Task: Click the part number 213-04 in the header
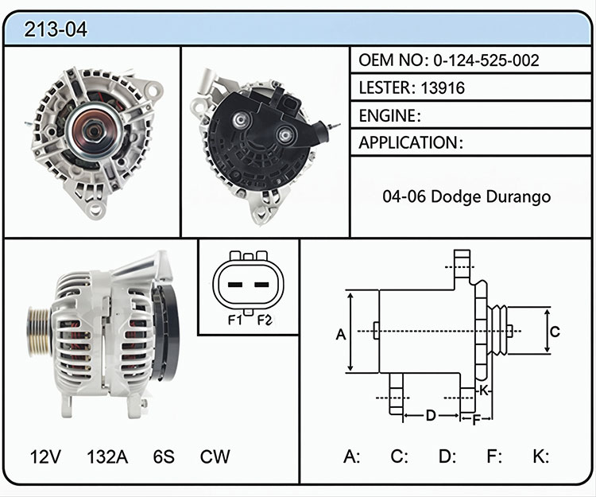click(56, 29)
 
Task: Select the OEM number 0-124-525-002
click(486, 60)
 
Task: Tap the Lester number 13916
click(443, 87)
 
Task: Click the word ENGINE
click(387, 115)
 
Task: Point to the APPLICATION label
click(408, 142)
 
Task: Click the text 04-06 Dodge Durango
click(466, 196)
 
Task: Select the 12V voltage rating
click(45, 456)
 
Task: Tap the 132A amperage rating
click(107, 456)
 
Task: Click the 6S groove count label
click(164, 456)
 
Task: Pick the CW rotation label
click(215, 456)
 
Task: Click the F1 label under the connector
click(235, 320)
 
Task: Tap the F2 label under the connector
click(265, 320)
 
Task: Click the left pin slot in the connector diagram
click(235, 285)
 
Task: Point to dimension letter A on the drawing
click(341, 335)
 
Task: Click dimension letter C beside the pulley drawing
click(555, 332)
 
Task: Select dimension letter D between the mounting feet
click(431, 415)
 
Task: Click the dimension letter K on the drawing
click(483, 390)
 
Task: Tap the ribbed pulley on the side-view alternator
click(39, 332)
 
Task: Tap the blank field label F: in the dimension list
click(494, 456)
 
